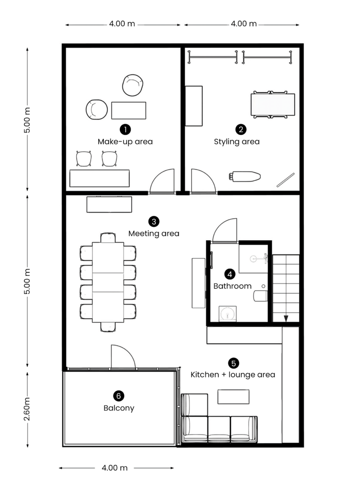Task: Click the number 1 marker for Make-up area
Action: tap(125, 129)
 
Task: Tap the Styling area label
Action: tap(237, 142)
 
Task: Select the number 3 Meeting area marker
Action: tap(154, 222)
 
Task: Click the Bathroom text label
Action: tap(232, 286)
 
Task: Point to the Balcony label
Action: tap(119, 408)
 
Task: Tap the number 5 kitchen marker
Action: tap(234, 363)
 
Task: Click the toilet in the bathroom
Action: tap(260, 296)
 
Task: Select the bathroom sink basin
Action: tap(227, 314)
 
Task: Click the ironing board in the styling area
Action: tap(245, 176)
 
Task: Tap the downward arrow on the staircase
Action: tap(286, 318)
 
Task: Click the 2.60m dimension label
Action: tap(27, 409)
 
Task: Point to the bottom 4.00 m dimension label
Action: tap(114, 468)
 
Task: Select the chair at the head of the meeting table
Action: tap(108, 238)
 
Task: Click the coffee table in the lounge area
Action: tap(233, 397)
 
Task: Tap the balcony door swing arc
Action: tap(128, 350)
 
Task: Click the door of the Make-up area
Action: tap(162, 181)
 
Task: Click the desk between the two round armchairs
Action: tap(129, 110)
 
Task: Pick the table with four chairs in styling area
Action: tap(273, 104)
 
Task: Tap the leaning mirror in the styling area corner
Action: tap(286, 180)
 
